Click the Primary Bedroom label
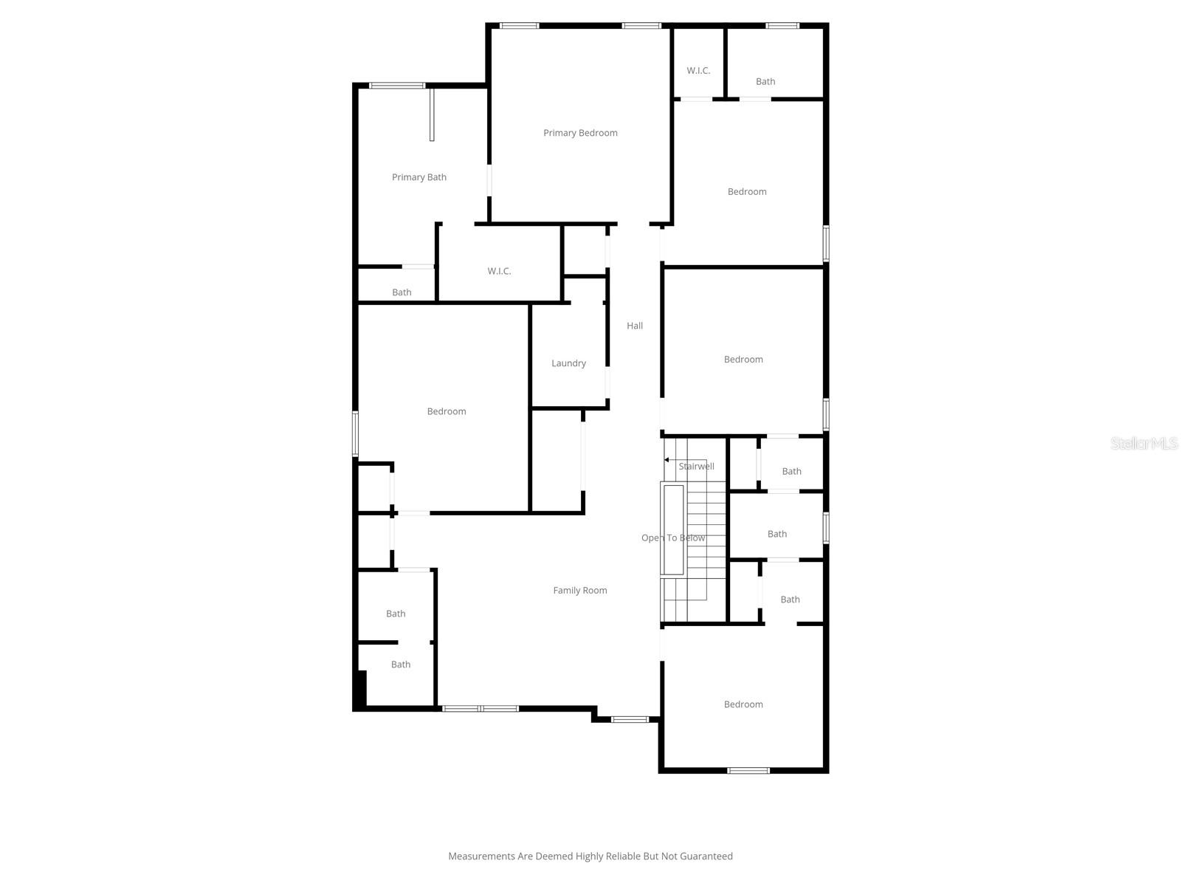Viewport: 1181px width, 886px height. tap(580, 133)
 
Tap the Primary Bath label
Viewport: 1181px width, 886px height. tap(419, 177)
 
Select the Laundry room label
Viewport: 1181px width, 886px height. tap(568, 363)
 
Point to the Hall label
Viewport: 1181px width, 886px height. tap(635, 326)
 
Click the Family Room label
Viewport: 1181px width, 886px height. tap(580, 590)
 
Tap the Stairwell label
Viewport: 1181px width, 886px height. tap(697, 467)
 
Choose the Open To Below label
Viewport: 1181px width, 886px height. tap(673, 538)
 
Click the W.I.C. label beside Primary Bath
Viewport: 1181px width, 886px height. tap(499, 271)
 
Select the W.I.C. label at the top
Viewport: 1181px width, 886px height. tap(698, 71)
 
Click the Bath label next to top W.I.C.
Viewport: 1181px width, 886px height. tap(765, 81)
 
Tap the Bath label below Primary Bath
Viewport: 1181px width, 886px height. tap(402, 292)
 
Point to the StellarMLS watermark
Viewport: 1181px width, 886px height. tap(1144, 444)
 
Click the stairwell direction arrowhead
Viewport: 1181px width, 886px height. tap(667, 460)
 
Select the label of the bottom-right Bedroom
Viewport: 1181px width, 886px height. tap(743, 704)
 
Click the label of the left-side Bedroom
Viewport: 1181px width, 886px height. tap(447, 411)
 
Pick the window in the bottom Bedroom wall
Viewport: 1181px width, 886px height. tap(748, 771)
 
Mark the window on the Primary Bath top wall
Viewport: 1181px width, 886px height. tap(397, 86)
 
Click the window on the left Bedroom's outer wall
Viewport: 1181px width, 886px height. tap(355, 433)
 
